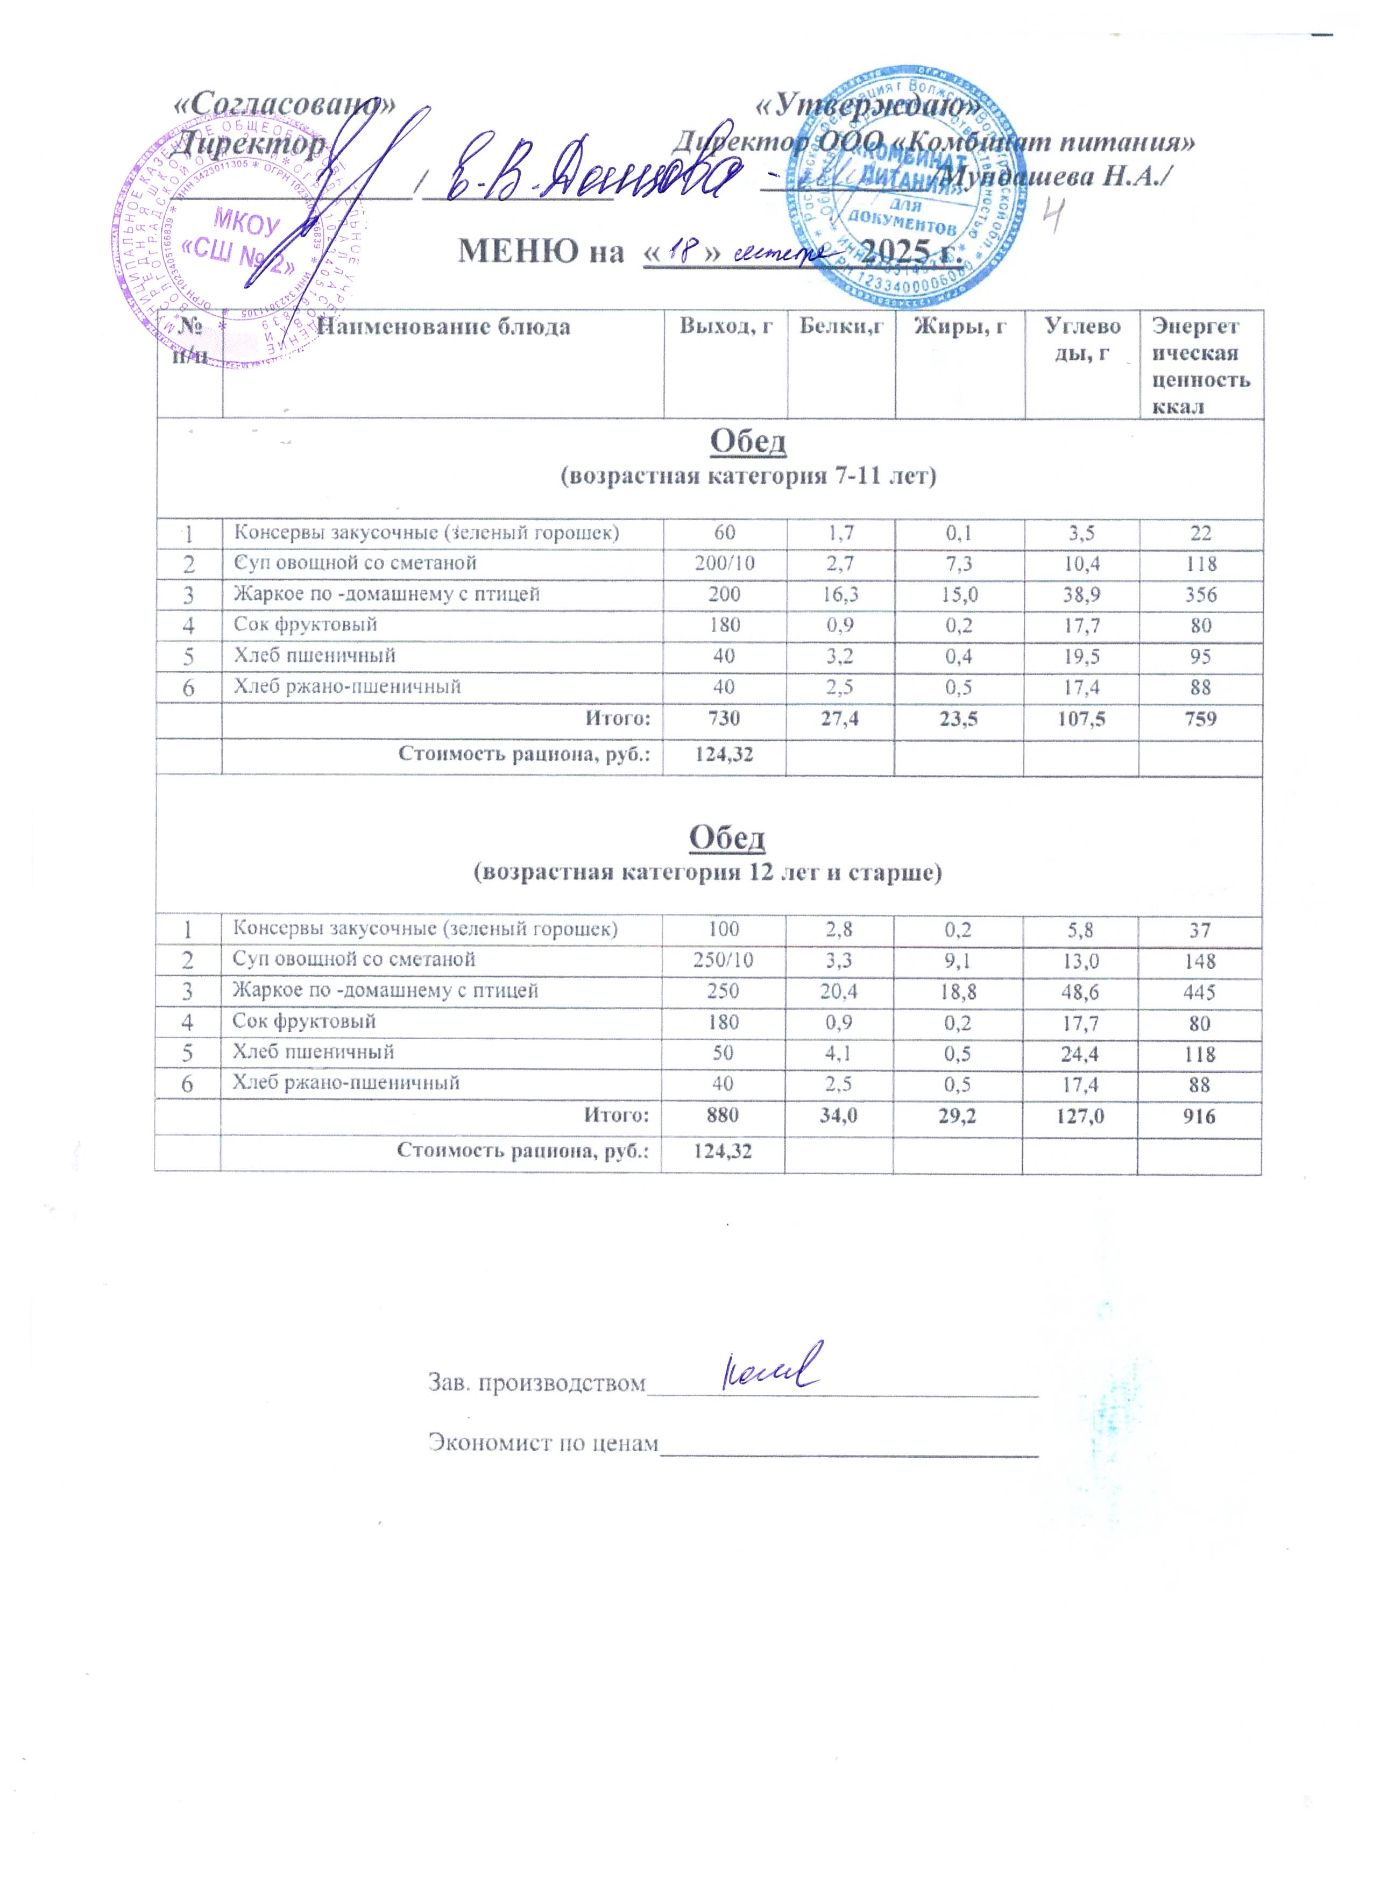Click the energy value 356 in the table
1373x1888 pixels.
pyautogui.click(x=1200, y=594)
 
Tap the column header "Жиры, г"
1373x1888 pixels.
pyautogui.click(x=959, y=327)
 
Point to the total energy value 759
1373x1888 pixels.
pyautogui.click(x=1200, y=718)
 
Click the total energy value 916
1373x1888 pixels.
pyautogui.click(x=1199, y=1116)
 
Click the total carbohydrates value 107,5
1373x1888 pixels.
pyautogui.click(x=1081, y=718)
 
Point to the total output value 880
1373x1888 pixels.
pyautogui.click(x=723, y=1116)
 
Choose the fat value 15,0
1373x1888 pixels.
pyautogui.click(x=959, y=594)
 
